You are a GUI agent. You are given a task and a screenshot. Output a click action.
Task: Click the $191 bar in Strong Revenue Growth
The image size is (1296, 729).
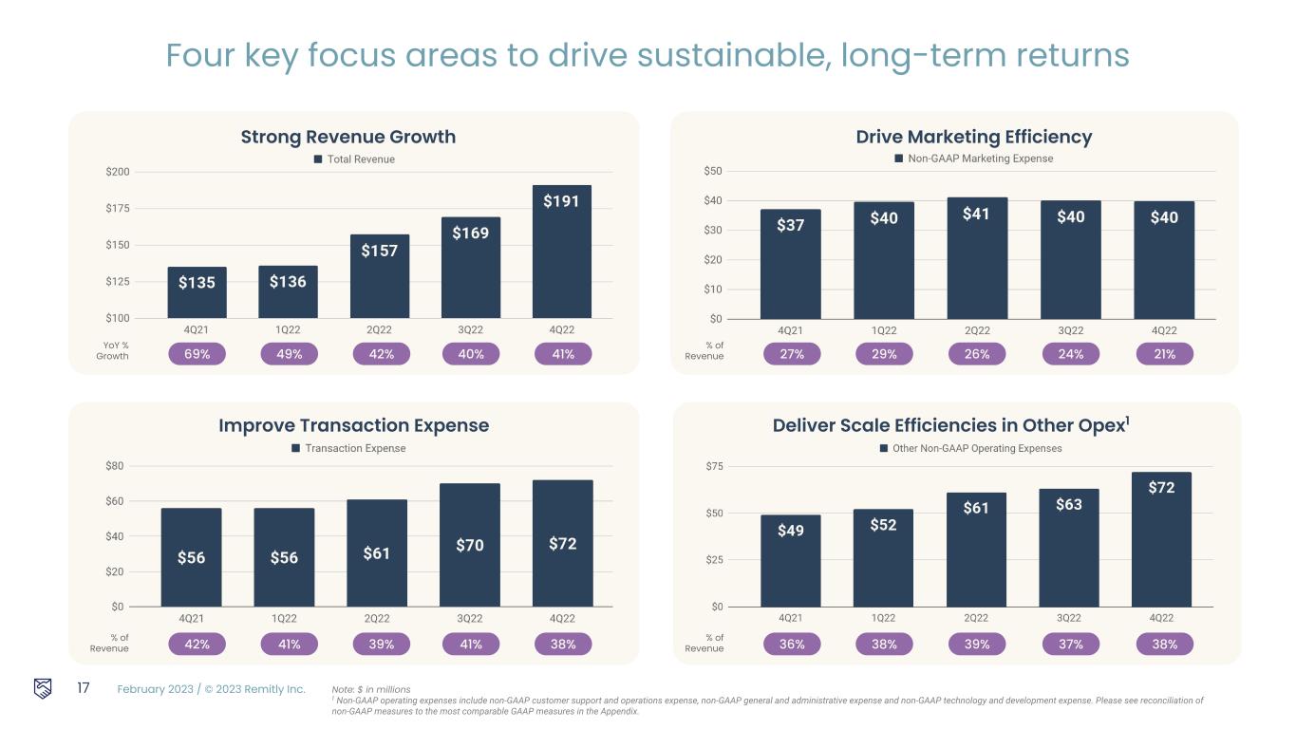click(x=561, y=252)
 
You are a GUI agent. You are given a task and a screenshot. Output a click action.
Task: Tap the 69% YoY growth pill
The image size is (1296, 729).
click(x=197, y=354)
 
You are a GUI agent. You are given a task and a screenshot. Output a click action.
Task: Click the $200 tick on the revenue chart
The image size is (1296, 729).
click(x=118, y=172)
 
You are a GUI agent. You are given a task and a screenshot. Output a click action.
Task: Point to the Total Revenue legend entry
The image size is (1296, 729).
click(x=354, y=159)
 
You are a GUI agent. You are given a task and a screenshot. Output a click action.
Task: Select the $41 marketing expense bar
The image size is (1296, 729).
click(x=977, y=257)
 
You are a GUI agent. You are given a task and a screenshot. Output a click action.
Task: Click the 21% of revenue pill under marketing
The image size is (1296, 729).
click(x=1164, y=354)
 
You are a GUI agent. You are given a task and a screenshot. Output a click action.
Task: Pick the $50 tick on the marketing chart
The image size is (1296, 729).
click(x=712, y=172)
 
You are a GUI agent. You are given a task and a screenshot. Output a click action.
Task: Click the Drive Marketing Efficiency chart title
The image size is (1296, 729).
click(x=974, y=137)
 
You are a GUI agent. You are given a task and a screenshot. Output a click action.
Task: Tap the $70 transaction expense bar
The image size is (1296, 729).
click(x=470, y=545)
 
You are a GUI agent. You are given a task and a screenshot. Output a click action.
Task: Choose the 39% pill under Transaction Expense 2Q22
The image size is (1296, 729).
click(x=377, y=645)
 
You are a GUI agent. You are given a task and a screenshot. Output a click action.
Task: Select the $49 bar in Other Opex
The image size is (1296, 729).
click(x=791, y=560)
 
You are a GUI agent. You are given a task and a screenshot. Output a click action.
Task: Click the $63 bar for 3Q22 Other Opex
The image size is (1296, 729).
click(x=1069, y=547)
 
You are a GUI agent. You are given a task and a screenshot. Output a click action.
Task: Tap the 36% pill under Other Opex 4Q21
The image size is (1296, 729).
click(x=792, y=645)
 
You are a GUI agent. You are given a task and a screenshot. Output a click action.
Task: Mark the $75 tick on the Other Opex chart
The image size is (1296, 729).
click(x=712, y=466)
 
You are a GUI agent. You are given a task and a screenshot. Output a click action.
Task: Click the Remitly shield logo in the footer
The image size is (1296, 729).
click(x=43, y=688)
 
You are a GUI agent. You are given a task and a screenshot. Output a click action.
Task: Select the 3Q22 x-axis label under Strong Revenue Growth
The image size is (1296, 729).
click(x=470, y=329)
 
